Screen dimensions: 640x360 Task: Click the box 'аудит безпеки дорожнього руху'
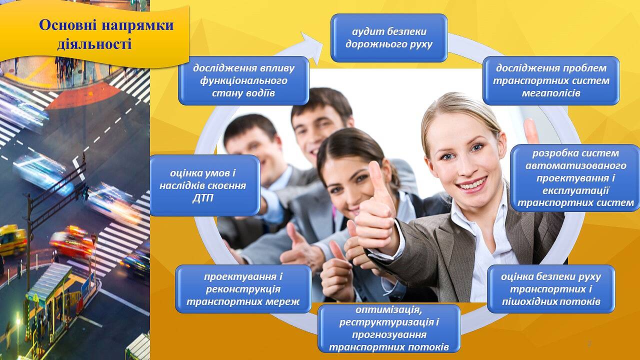click(x=389, y=38)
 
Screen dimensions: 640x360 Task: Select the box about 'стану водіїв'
click(x=243, y=80)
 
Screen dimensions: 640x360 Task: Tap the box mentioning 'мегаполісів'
click(x=551, y=80)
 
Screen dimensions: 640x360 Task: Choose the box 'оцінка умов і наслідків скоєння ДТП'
click(x=205, y=185)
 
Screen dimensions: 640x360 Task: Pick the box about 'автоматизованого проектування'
click(x=575, y=178)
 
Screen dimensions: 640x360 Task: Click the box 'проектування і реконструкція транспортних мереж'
click(x=243, y=289)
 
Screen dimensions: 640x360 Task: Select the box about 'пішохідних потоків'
click(x=551, y=289)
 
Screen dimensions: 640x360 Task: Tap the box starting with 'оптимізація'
click(x=389, y=328)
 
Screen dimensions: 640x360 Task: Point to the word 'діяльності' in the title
click(x=94, y=44)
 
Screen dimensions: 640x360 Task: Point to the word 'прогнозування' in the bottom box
click(x=389, y=334)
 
